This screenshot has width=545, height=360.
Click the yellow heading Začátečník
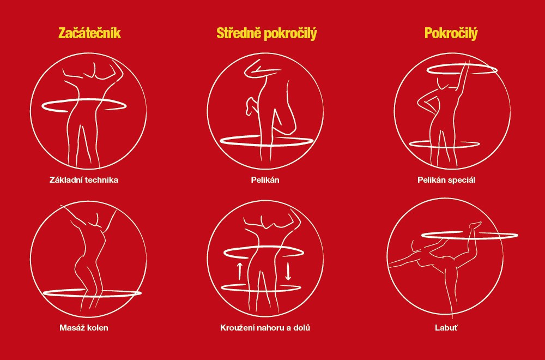point(89,33)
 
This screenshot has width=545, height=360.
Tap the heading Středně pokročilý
point(267,34)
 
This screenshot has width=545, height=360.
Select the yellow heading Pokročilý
point(451,34)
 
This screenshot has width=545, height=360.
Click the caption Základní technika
point(84,180)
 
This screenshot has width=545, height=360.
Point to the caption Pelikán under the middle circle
point(265,180)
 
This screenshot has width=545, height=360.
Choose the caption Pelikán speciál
point(446,180)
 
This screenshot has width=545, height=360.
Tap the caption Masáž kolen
point(84,328)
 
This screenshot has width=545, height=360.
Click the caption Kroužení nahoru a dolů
point(265,328)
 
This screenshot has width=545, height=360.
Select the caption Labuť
point(446,328)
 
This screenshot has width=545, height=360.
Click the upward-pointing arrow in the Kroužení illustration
point(239,271)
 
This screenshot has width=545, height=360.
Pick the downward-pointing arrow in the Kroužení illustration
point(288,271)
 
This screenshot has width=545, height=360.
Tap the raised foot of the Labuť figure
point(475,225)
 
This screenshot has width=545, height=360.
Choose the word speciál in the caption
point(460,181)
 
